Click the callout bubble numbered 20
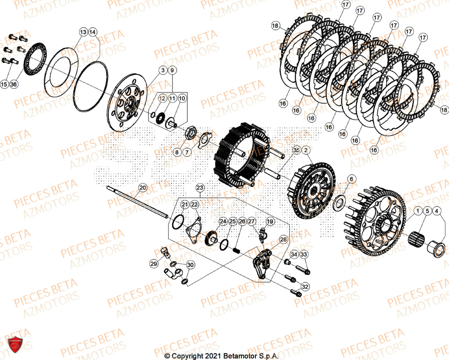click(142, 187)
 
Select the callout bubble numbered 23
click(200, 187)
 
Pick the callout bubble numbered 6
click(351, 179)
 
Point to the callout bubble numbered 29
click(154, 264)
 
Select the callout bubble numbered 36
click(13, 84)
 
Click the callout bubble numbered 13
click(84, 32)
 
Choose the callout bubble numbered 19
click(270, 222)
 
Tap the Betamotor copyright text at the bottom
click(222, 356)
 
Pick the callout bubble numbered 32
click(305, 286)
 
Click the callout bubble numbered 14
click(92, 32)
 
